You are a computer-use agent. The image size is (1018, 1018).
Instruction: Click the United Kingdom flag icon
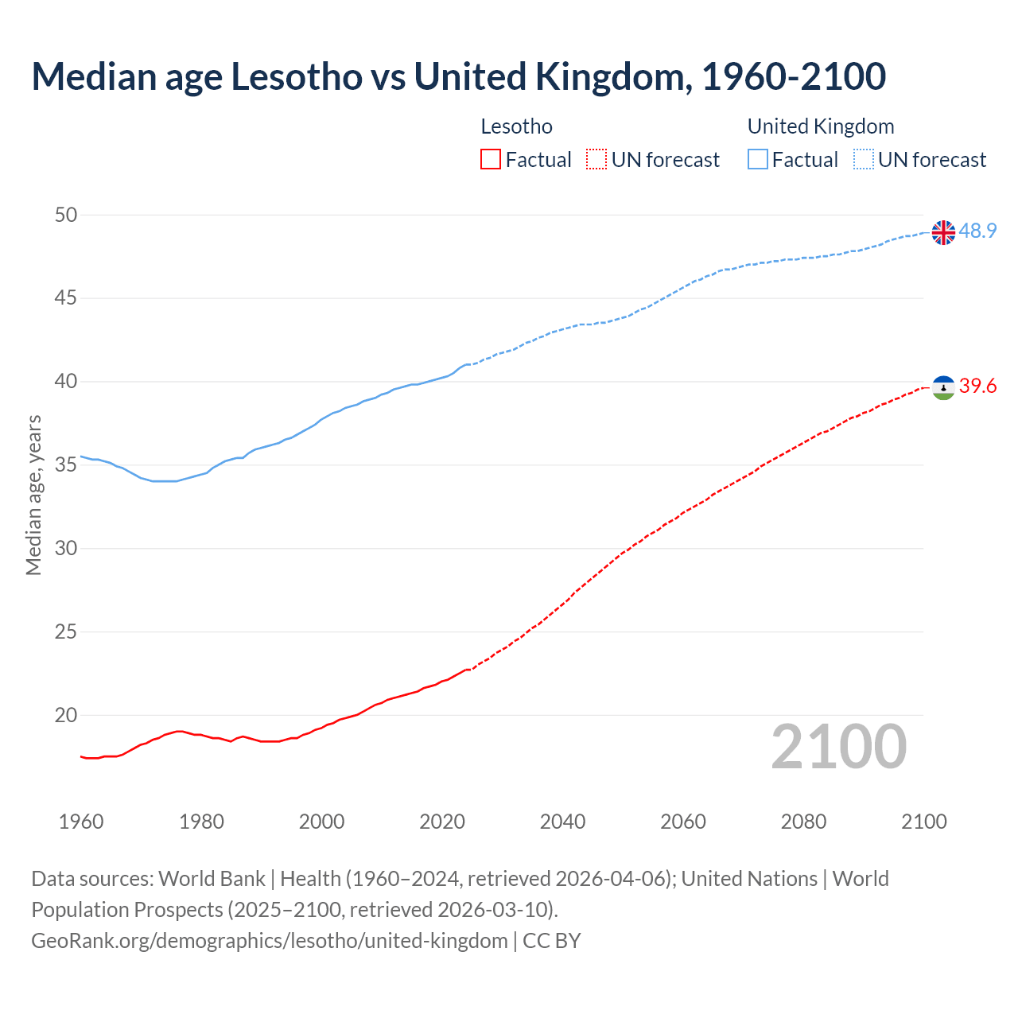943,232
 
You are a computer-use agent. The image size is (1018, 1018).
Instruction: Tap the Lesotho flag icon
943,387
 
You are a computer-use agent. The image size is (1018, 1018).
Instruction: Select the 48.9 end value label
977,231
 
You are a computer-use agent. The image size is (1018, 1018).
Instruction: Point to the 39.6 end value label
977,387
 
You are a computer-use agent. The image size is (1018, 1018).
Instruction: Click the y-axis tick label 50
66,215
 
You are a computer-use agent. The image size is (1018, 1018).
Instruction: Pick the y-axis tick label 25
66,632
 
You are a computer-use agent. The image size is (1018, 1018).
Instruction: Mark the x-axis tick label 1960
81,822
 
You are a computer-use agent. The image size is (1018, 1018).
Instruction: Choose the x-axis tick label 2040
562,822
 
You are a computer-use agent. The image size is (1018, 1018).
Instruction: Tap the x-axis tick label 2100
923,822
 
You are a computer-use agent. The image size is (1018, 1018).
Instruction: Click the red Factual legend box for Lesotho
491,160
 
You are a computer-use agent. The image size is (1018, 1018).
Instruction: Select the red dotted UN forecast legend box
596,160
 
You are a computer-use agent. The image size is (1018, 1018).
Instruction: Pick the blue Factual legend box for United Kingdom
758,160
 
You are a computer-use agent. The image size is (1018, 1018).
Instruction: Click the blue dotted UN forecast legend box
864,160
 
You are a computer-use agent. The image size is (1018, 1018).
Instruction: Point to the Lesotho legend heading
517,126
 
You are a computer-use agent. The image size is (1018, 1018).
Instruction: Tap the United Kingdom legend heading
821,126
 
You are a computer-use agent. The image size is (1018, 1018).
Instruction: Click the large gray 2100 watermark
839,747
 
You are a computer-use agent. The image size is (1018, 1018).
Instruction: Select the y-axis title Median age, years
33,495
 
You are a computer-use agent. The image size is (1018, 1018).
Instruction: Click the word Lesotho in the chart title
296,77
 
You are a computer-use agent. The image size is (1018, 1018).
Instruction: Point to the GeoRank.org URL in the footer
269,941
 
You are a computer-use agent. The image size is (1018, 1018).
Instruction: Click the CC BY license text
552,941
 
